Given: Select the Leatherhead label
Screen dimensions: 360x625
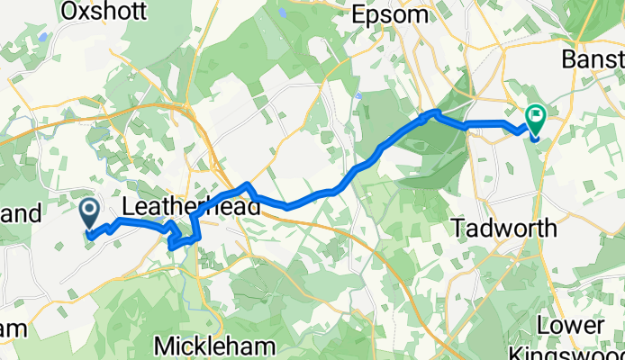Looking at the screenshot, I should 191,207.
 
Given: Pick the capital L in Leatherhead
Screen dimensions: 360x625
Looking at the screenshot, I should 128,207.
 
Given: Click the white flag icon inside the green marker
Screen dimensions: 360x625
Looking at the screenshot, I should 537,114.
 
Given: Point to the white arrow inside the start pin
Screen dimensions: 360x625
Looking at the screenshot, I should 90,211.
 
